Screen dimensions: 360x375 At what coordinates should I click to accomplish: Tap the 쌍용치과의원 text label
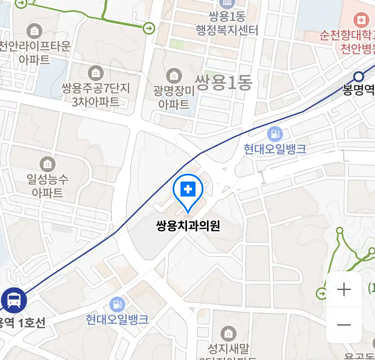[188, 226]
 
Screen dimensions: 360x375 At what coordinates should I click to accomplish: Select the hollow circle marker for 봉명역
[358, 77]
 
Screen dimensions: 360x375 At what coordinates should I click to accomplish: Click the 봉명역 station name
[359, 90]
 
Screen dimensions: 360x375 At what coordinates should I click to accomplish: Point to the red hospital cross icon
[361, 20]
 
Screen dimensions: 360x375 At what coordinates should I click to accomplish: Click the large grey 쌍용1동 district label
[223, 83]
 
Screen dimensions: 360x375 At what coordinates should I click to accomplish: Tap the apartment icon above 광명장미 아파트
[174, 76]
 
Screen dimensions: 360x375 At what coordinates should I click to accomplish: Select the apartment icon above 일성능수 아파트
[48, 164]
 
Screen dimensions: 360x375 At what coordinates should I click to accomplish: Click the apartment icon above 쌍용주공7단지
[96, 73]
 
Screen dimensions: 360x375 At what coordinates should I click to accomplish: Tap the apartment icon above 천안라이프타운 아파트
[34, 31]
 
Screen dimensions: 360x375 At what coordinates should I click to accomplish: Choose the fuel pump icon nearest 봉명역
[275, 134]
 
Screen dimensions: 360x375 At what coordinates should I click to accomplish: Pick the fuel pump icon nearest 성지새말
[117, 304]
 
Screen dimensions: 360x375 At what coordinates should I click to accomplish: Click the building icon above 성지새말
[228, 333]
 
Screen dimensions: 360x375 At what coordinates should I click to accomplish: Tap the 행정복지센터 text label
[227, 31]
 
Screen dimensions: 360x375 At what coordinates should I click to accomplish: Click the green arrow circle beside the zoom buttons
[322, 294]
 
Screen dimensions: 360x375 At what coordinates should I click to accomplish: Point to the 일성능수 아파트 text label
[48, 186]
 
